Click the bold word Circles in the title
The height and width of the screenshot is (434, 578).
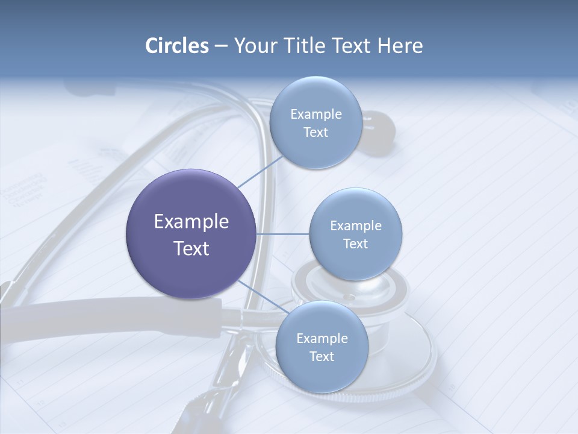[x=176, y=46]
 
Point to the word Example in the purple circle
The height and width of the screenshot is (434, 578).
[x=191, y=222]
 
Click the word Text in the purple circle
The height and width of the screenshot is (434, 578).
[x=191, y=248]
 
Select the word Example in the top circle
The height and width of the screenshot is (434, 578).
[x=316, y=114]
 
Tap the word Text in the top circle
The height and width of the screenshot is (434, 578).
[x=315, y=132]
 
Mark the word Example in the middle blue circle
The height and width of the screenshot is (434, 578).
[x=356, y=225]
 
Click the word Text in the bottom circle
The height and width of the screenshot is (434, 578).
[x=322, y=356]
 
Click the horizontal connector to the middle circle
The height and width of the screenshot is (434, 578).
[x=283, y=234]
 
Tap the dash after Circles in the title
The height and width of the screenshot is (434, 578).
[x=220, y=46]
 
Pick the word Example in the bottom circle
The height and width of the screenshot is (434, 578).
[x=322, y=338]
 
